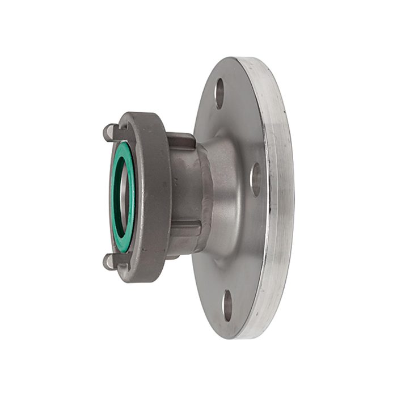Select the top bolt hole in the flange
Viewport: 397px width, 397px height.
[x=219, y=93]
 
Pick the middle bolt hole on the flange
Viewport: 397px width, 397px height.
[x=255, y=180]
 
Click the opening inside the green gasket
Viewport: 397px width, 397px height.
[x=120, y=196]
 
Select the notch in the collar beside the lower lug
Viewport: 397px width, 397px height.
[x=121, y=260]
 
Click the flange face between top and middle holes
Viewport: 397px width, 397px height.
[x=241, y=130]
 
